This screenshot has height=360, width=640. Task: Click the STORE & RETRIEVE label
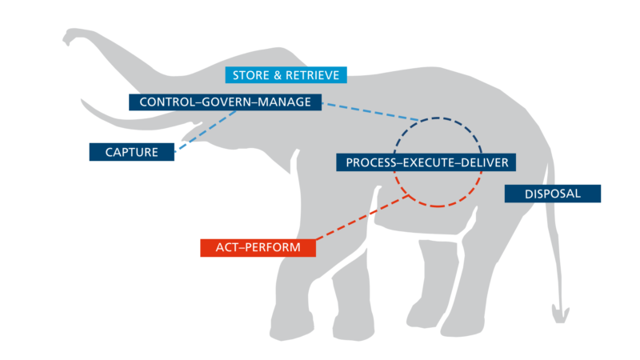286,76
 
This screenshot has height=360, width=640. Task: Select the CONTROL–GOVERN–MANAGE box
225,102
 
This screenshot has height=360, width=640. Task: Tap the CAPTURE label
131,150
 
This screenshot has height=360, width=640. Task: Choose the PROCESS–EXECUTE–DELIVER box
426,162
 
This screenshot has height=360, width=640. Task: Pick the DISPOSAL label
552,194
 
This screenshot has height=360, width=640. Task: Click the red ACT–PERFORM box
258,248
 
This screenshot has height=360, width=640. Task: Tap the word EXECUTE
429,162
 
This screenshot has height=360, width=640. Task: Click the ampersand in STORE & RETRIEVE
273,76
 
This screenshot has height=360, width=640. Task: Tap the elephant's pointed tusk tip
82,101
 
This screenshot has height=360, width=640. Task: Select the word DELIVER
483,162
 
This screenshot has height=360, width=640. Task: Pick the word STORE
249,76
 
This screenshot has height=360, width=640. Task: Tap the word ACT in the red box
227,248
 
